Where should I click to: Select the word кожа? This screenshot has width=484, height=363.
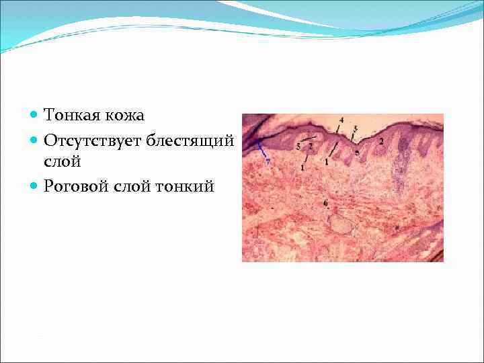(124, 116)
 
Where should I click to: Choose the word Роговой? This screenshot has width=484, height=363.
(73, 186)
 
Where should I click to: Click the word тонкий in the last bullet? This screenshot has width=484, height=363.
(185, 186)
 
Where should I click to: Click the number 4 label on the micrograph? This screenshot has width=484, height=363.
(341, 120)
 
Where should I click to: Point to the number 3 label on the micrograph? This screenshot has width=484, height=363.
(355, 128)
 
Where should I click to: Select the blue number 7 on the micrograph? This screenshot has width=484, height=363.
(268, 162)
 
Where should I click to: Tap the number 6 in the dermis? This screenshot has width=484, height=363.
(325, 202)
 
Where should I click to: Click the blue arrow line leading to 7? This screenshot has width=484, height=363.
(261, 149)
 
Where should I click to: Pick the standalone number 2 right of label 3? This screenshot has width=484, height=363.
(381, 141)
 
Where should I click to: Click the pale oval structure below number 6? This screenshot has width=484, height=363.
(343, 225)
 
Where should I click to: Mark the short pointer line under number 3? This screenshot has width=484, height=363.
(353, 134)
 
